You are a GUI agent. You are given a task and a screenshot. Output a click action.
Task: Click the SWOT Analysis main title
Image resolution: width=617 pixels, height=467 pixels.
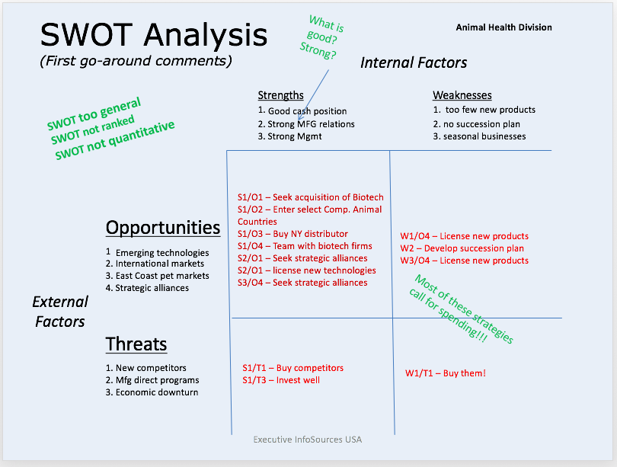tap(153, 35)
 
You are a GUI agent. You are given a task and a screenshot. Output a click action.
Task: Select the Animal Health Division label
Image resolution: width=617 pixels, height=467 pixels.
tap(504, 27)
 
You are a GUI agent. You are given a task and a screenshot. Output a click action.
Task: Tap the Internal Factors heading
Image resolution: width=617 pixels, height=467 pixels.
tap(414, 62)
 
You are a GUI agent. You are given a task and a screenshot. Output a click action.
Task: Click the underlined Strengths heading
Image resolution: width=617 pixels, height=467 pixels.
tap(280, 95)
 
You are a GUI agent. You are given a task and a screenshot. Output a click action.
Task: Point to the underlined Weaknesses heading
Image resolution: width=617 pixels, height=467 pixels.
tap(462, 95)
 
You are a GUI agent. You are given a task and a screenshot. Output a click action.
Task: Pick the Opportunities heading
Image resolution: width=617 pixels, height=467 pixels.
tap(162, 227)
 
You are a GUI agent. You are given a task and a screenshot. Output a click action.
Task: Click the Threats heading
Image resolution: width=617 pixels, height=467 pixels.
tap(136, 344)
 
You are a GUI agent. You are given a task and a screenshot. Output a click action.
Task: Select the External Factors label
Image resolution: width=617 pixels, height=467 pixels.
tap(59, 312)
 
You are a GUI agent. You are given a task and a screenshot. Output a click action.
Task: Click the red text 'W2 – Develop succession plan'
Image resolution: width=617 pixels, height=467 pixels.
tap(462, 248)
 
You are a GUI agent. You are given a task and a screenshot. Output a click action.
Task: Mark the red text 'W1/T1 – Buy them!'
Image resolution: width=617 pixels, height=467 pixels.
tap(445, 373)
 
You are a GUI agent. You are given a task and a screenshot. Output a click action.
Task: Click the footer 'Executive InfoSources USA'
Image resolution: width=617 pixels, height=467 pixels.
tap(308, 440)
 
